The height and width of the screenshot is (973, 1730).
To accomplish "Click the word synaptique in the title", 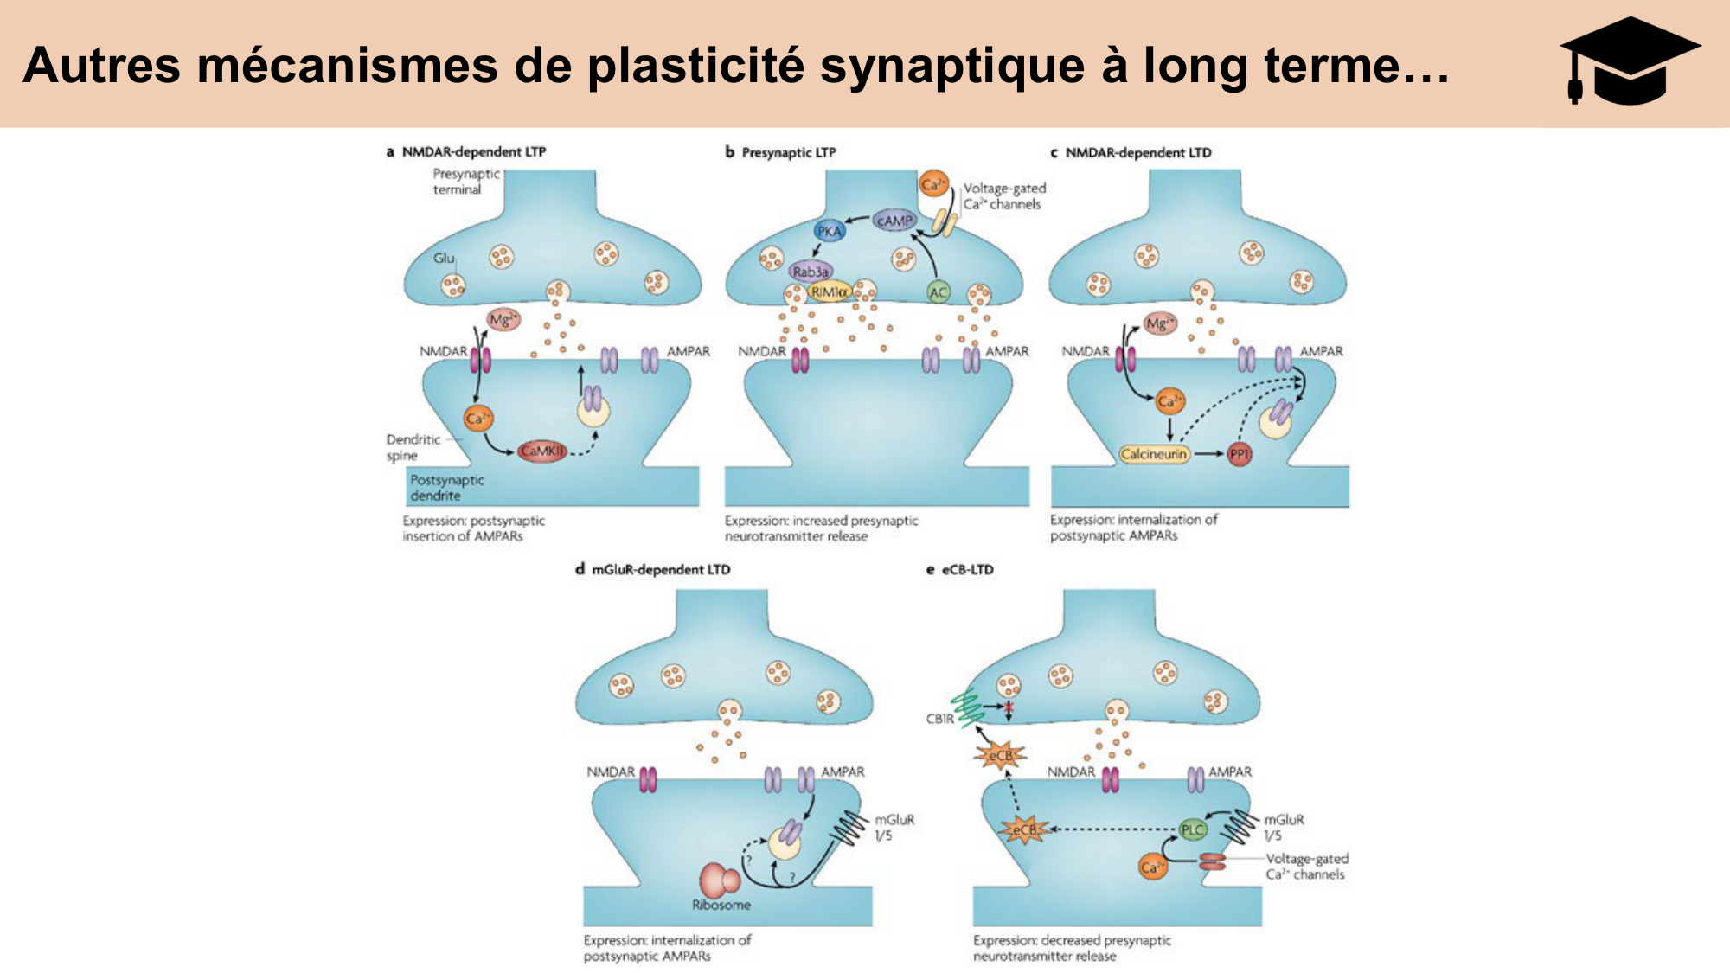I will (x=952, y=66).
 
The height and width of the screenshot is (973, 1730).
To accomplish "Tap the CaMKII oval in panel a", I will (x=543, y=451).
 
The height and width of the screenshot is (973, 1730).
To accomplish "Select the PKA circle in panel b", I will (x=830, y=231).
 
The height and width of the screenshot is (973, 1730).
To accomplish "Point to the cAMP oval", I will (x=894, y=221).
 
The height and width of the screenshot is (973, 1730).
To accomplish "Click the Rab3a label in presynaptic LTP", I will (x=811, y=272).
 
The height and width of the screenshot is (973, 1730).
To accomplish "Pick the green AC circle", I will (x=939, y=292).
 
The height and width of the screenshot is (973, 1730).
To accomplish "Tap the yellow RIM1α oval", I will (x=829, y=292).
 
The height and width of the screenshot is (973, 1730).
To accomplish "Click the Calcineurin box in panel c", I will (x=1154, y=454).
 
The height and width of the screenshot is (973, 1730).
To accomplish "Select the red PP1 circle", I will (x=1240, y=454).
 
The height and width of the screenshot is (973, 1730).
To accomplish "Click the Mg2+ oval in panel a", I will (x=503, y=320).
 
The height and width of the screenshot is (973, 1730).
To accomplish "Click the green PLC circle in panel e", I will (x=1192, y=829).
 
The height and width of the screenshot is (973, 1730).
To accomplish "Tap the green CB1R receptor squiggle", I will (x=968, y=707).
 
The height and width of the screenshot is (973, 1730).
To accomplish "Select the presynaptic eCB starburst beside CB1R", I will (x=1000, y=756).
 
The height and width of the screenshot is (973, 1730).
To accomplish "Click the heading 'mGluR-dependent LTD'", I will (x=661, y=569).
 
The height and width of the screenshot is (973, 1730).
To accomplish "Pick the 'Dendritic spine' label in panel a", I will (x=413, y=447).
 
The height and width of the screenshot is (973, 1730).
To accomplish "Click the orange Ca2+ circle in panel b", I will (x=933, y=184).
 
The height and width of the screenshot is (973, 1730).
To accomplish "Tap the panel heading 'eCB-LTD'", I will (x=967, y=569).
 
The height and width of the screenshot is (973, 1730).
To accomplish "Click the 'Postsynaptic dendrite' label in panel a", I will (x=447, y=488).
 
